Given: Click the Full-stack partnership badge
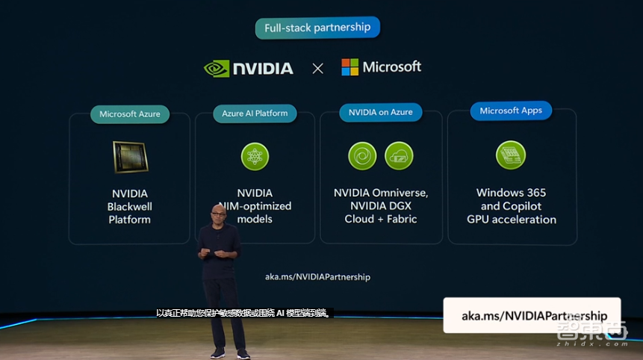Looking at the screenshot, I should (317, 28).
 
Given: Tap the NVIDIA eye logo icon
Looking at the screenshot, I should (216, 69).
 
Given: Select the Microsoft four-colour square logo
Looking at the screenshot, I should (350, 67).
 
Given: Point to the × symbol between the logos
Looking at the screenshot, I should (317, 69).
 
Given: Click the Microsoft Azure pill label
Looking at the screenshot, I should (130, 114).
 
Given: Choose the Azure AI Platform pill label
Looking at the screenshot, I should (255, 114).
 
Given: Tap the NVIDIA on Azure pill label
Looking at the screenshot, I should (380, 112).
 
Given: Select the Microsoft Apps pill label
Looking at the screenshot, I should (511, 111).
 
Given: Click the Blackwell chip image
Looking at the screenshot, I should (130, 157).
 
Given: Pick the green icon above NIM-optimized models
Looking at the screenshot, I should (255, 156).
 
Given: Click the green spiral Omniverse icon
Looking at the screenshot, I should (362, 155).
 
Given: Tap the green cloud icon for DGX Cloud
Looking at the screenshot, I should (399, 155).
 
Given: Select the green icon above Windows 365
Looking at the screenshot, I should (511, 155).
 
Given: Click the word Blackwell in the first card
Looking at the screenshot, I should (130, 206).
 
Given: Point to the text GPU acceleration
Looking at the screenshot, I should (512, 220).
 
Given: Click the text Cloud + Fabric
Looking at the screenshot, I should (380, 219).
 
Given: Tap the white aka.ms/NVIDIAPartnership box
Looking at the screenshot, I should (530, 315).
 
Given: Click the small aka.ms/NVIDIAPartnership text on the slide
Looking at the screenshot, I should (317, 276).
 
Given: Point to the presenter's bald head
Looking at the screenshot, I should (218, 212).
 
